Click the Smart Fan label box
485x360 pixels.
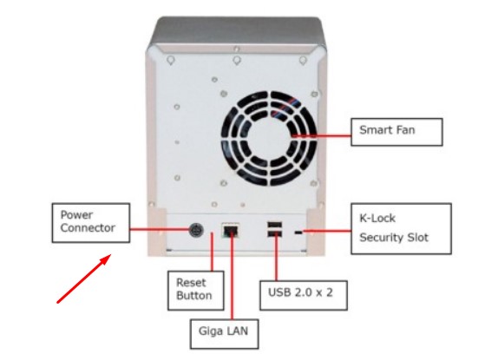pyautogui.click(x=397, y=132)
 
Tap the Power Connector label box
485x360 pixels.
pyautogui.click(x=90, y=223)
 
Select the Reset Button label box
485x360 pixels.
pyautogui.click(x=196, y=291)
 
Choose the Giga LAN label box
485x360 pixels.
pyautogui.click(x=224, y=334)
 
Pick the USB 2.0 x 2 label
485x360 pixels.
pyautogui.click(x=304, y=295)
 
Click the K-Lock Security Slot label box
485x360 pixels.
pyautogui.click(x=401, y=228)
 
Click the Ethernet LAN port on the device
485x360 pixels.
pyautogui.click(x=231, y=230)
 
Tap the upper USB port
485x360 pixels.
pyautogui.click(x=274, y=225)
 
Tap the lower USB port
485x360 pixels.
pyautogui.click(x=274, y=234)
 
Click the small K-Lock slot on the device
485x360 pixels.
pyautogui.click(x=298, y=232)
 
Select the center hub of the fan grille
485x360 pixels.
pyautogui.click(x=269, y=138)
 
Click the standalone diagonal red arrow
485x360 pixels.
pyautogui.click(x=84, y=278)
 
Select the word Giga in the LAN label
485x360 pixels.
pyautogui.click(x=210, y=331)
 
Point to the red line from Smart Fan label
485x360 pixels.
pyautogui.click(x=322, y=135)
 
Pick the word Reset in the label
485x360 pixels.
pyautogui.click(x=191, y=283)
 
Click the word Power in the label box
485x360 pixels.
pyautogui.click(x=76, y=214)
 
